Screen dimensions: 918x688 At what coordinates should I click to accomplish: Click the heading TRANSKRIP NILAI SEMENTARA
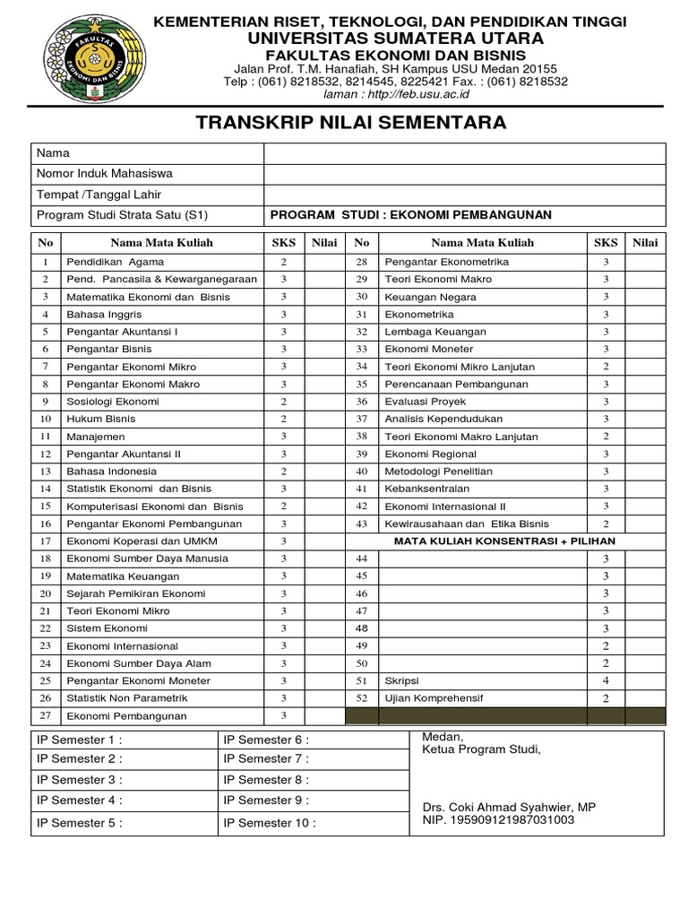[350, 123]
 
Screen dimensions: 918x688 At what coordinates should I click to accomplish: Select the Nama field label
[53, 153]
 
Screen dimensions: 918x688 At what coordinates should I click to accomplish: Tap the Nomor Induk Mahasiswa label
[105, 174]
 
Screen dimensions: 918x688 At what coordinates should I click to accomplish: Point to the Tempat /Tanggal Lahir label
[99, 195]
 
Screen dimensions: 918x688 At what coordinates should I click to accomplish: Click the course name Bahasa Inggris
[104, 315]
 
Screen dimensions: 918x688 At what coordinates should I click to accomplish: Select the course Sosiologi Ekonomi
[113, 402]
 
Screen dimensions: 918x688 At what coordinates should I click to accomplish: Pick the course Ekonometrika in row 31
[418, 315]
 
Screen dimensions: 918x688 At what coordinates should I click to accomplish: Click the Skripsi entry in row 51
[401, 680]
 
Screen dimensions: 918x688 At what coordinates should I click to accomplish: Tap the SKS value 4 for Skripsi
[606, 680]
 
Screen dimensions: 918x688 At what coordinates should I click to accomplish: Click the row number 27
[46, 715]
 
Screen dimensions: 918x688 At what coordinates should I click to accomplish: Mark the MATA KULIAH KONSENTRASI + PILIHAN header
[505, 541]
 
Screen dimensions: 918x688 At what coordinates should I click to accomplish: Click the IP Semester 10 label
[270, 823]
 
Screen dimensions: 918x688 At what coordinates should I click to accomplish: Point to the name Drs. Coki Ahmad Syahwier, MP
[509, 808]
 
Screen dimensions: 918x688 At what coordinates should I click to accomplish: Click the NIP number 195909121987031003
[498, 820]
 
